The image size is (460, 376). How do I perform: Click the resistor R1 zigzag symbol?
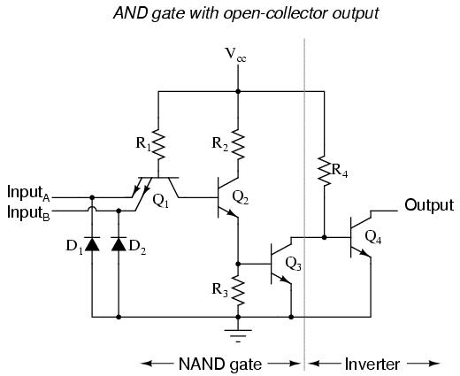click(x=158, y=144)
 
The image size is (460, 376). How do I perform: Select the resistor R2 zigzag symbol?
click(x=238, y=144)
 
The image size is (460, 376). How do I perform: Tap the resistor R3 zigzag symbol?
click(x=238, y=290)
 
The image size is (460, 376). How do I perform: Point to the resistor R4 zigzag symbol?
click(x=325, y=171)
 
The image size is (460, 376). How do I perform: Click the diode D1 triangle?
click(x=92, y=244)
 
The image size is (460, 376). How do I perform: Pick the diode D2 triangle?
click(x=119, y=244)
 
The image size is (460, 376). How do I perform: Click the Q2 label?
click(x=241, y=197)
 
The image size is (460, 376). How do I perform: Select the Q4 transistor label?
click(x=373, y=237)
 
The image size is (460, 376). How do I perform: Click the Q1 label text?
click(x=161, y=201)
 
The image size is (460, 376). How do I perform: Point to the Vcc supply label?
click(x=235, y=55)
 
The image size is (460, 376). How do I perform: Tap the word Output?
click(x=429, y=205)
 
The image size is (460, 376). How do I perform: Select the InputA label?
click(x=28, y=194)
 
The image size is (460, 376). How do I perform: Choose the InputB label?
click(x=28, y=213)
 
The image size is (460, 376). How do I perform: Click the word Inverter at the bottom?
click(x=372, y=364)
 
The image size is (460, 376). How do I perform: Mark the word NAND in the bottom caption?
click(x=201, y=364)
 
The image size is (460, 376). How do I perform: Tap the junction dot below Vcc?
click(x=238, y=92)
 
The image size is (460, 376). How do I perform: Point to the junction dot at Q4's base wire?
click(x=325, y=237)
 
